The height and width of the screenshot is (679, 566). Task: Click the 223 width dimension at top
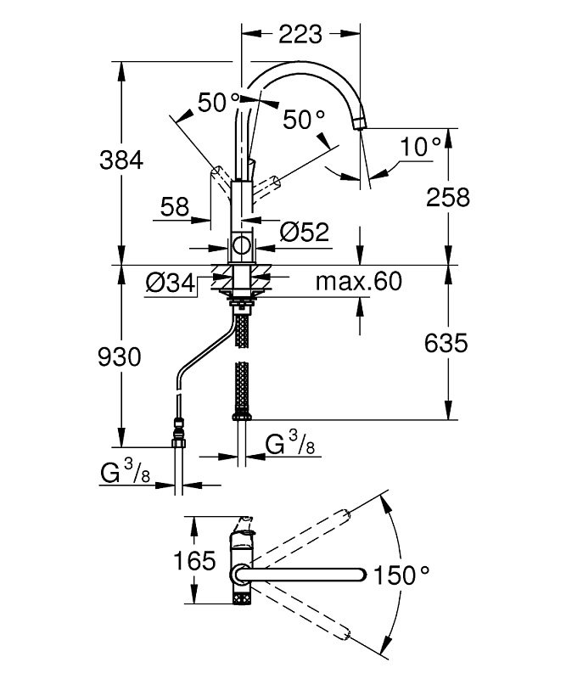pyautogui.click(x=300, y=34)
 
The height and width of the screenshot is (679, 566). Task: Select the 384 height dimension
pyautogui.click(x=121, y=160)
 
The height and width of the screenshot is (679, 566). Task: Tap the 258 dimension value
pyautogui.click(x=448, y=198)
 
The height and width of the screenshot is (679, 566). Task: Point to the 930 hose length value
pyautogui.click(x=120, y=357)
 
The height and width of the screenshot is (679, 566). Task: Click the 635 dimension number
pyautogui.click(x=446, y=344)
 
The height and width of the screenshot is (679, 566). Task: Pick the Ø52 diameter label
pyautogui.click(x=305, y=232)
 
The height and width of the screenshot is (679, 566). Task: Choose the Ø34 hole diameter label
pyautogui.click(x=171, y=283)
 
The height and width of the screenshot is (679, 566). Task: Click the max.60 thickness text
pyautogui.click(x=359, y=282)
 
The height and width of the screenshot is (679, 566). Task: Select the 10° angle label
pyautogui.click(x=420, y=147)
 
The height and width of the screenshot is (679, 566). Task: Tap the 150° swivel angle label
pyautogui.click(x=401, y=575)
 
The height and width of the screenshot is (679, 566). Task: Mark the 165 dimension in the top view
pyautogui.click(x=194, y=561)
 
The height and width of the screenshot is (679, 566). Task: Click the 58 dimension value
pyautogui.click(x=175, y=207)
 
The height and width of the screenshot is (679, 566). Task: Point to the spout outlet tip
pyautogui.click(x=361, y=123)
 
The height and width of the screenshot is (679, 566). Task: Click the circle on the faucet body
pyautogui.click(x=241, y=245)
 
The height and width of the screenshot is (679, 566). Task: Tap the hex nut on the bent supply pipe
pyautogui.click(x=178, y=443)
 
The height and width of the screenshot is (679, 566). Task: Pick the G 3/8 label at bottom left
pyautogui.click(x=125, y=473)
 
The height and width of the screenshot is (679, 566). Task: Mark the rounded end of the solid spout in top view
pyautogui.click(x=361, y=575)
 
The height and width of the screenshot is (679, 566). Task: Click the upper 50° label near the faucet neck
pyautogui.click(x=219, y=103)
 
